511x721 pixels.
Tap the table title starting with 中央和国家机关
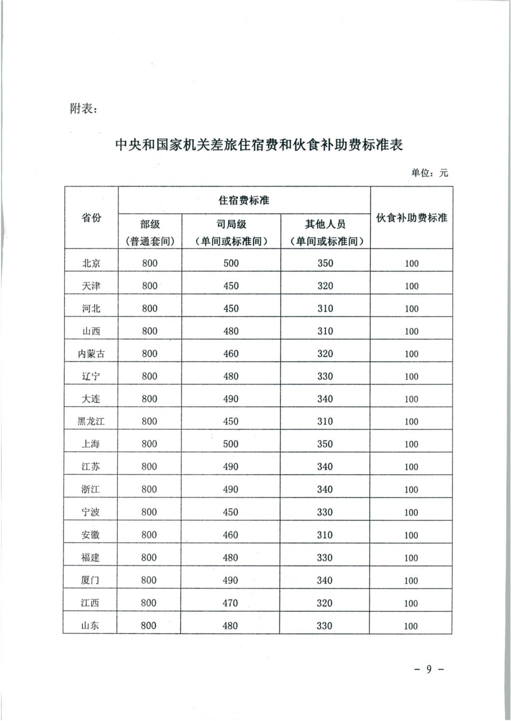tap(258, 145)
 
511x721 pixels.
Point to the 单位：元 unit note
tap(429, 173)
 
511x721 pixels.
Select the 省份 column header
tap(91, 217)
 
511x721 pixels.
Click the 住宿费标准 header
tap(244, 200)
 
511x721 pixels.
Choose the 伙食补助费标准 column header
tap(411, 218)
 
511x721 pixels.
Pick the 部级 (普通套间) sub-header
tap(150, 232)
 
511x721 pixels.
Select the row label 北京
tap(91, 263)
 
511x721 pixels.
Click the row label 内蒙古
tap(91, 354)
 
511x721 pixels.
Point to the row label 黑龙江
tap(91, 421)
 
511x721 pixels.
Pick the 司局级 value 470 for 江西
tap(230, 603)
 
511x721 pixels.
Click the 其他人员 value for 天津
tap(325, 286)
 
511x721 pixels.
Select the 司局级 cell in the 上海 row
tap(231, 444)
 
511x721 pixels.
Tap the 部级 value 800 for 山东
tap(148, 625)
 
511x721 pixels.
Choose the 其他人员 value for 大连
tap(325, 399)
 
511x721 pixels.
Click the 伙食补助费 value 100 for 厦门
tap(411, 580)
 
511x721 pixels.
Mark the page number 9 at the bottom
tap(429, 669)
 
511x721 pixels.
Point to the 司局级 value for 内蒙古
tap(231, 354)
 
